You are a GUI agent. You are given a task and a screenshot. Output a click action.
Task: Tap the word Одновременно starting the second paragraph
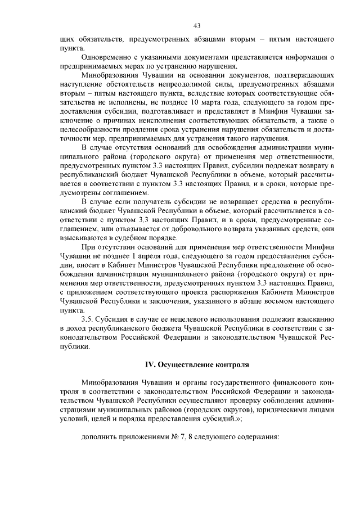pos(107,57)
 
